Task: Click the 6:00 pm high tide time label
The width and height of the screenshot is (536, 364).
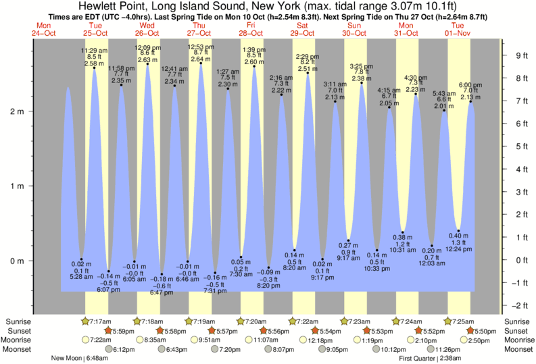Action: tap(470, 84)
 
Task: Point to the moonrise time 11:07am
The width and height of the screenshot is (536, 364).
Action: tap(266, 340)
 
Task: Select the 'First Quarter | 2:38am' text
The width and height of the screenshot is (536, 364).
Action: tap(431, 358)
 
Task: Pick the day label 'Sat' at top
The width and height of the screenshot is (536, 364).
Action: tap(302, 25)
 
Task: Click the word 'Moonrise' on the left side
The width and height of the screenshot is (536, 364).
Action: tap(18, 340)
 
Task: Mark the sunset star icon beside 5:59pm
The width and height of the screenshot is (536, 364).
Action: tap(108, 331)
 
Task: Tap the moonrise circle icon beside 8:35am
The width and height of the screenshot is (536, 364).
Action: tap(139, 340)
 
